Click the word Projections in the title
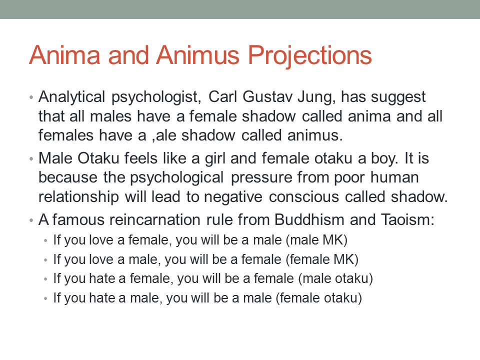(309, 56)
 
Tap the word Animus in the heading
(198, 55)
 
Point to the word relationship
(78, 197)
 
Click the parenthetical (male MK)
(316, 240)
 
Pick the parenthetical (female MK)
(322, 260)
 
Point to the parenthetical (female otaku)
(318, 298)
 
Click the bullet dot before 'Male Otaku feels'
(31, 159)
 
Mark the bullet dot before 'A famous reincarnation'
(31, 220)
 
